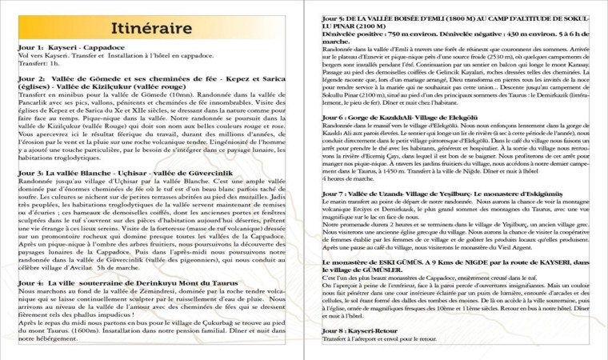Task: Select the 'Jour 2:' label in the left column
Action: pyautogui.click(x=31, y=80)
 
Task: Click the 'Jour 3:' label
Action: pyautogui.click(x=31, y=172)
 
